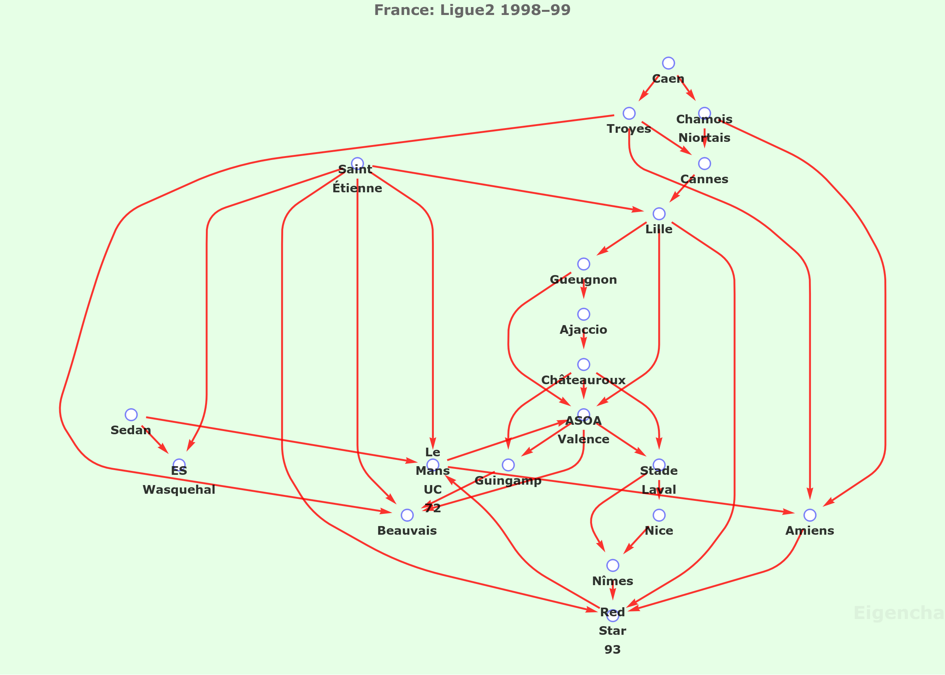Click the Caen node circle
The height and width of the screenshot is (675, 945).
(669, 63)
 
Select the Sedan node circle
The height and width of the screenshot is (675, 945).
(131, 415)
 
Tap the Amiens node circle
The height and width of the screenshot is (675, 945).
(810, 515)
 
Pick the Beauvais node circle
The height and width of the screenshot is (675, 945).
(407, 515)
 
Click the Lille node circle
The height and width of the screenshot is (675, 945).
(659, 214)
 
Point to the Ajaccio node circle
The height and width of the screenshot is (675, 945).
(584, 314)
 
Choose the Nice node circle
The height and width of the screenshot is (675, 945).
(659, 515)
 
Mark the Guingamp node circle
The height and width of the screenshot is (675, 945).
(508, 465)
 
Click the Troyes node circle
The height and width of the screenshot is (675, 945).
(629, 113)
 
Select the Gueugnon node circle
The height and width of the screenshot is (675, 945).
(584, 264)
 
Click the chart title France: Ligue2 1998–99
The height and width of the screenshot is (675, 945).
(472, 10)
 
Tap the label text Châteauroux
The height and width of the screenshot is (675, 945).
(584, 380)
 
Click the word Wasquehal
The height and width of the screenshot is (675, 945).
(179, 490)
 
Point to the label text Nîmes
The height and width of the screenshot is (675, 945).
(613, 581)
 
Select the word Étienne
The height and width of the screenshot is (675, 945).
(357, 188)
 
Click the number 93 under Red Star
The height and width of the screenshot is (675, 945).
(613, 649)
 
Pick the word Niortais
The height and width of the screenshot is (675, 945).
(704, 138)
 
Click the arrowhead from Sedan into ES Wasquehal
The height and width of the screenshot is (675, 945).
(164, 449)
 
